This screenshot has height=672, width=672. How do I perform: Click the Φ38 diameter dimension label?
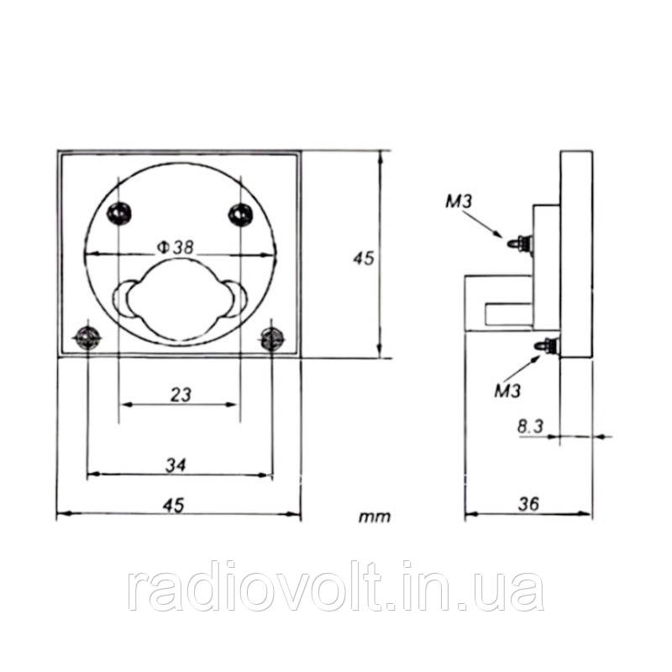click(x=176, y=247)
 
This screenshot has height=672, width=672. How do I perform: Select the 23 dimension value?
click(x=181, y=395)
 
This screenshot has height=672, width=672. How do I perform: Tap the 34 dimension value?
click(x=176, y=465)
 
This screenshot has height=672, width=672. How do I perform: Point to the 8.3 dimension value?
click(x=530, y=427)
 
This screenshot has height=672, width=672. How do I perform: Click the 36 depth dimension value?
click(x=528, y=504)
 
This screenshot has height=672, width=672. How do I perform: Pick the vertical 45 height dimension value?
click(x=364, y=258)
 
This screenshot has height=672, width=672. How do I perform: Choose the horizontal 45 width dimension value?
click(x=173, y=506)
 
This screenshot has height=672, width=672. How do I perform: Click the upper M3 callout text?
click(x=459, y=202)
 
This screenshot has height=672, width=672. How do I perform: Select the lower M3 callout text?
click(x=507, y=391)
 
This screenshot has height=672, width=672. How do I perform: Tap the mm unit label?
click(x=375, y=517)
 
